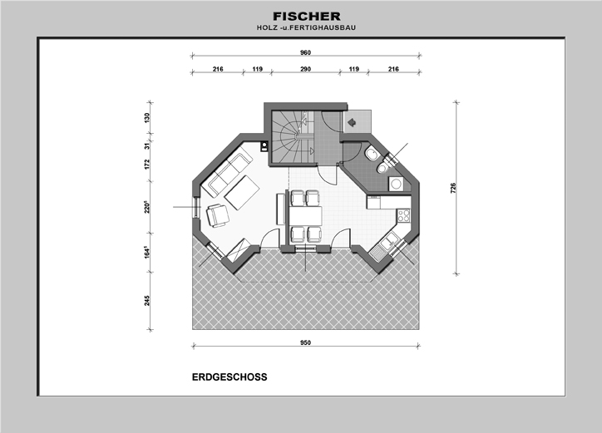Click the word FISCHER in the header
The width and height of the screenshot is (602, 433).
(306, 17)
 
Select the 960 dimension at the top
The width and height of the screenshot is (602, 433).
(306, 52)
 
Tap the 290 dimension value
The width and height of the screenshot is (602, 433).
(306, 69)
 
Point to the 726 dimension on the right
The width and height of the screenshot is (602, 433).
(453, 188)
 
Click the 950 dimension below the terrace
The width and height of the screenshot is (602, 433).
(306, 342)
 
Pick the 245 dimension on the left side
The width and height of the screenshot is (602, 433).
(147, 301)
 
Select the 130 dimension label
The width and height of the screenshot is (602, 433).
(147, 118)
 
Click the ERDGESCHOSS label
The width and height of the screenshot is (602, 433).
(229, 377)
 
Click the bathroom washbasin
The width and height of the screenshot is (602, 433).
(372, 155)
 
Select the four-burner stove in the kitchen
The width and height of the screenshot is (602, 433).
(403, 215)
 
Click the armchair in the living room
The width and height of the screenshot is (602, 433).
(218, 215)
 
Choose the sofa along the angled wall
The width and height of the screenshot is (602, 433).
(229, 175)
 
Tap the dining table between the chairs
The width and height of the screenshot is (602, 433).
(306, 216)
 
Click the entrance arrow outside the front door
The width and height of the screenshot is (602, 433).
(352, 122)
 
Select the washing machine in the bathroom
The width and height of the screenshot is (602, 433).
(396, 184)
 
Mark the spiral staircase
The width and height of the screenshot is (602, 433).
(293, 136)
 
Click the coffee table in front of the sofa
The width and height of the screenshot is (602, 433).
(241, 193)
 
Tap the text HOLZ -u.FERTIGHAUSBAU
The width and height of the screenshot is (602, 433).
(306, 27)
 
